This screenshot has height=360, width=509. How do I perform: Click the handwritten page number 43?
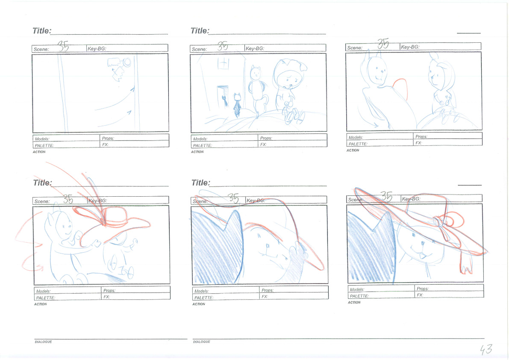point(486,349)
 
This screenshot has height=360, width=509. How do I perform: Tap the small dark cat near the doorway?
point(237,105)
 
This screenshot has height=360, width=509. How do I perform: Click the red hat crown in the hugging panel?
point(115,216)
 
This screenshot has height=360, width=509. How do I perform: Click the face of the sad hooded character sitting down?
point(288,79)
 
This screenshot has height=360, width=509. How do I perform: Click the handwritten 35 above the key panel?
point(63,46)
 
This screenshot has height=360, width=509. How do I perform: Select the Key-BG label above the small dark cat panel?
point(255,48)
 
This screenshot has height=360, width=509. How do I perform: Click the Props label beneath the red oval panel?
point(421,137)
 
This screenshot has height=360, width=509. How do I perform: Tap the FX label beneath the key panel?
point(105,145)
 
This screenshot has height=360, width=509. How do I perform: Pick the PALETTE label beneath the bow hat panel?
point(359,296)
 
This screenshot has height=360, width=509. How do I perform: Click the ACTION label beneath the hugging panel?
point(41,304)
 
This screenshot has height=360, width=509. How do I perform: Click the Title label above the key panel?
point(42,30)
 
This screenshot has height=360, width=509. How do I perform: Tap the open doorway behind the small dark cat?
point(223,96)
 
